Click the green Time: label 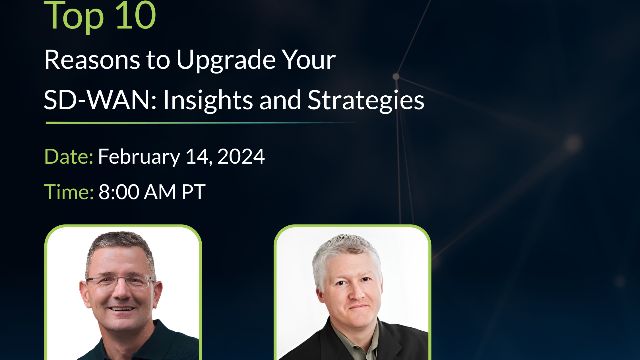[69, 192]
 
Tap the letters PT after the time [193, 192]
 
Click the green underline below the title [200, 124]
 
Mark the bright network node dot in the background [396, 76]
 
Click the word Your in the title [307, 60]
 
